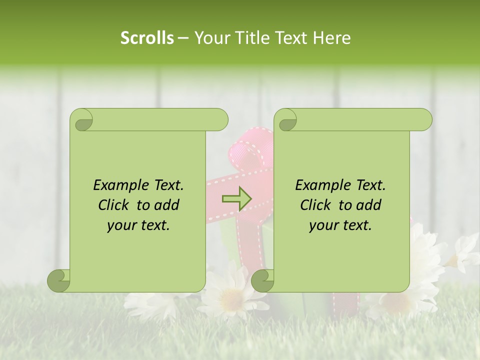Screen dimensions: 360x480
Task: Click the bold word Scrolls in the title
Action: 147,38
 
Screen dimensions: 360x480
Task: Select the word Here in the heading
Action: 331,38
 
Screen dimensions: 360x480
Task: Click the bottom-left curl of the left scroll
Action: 59,280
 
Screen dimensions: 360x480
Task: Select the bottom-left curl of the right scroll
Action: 262,280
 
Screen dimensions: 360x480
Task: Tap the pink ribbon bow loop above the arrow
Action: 250,150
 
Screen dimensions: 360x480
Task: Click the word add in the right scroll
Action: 367,205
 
